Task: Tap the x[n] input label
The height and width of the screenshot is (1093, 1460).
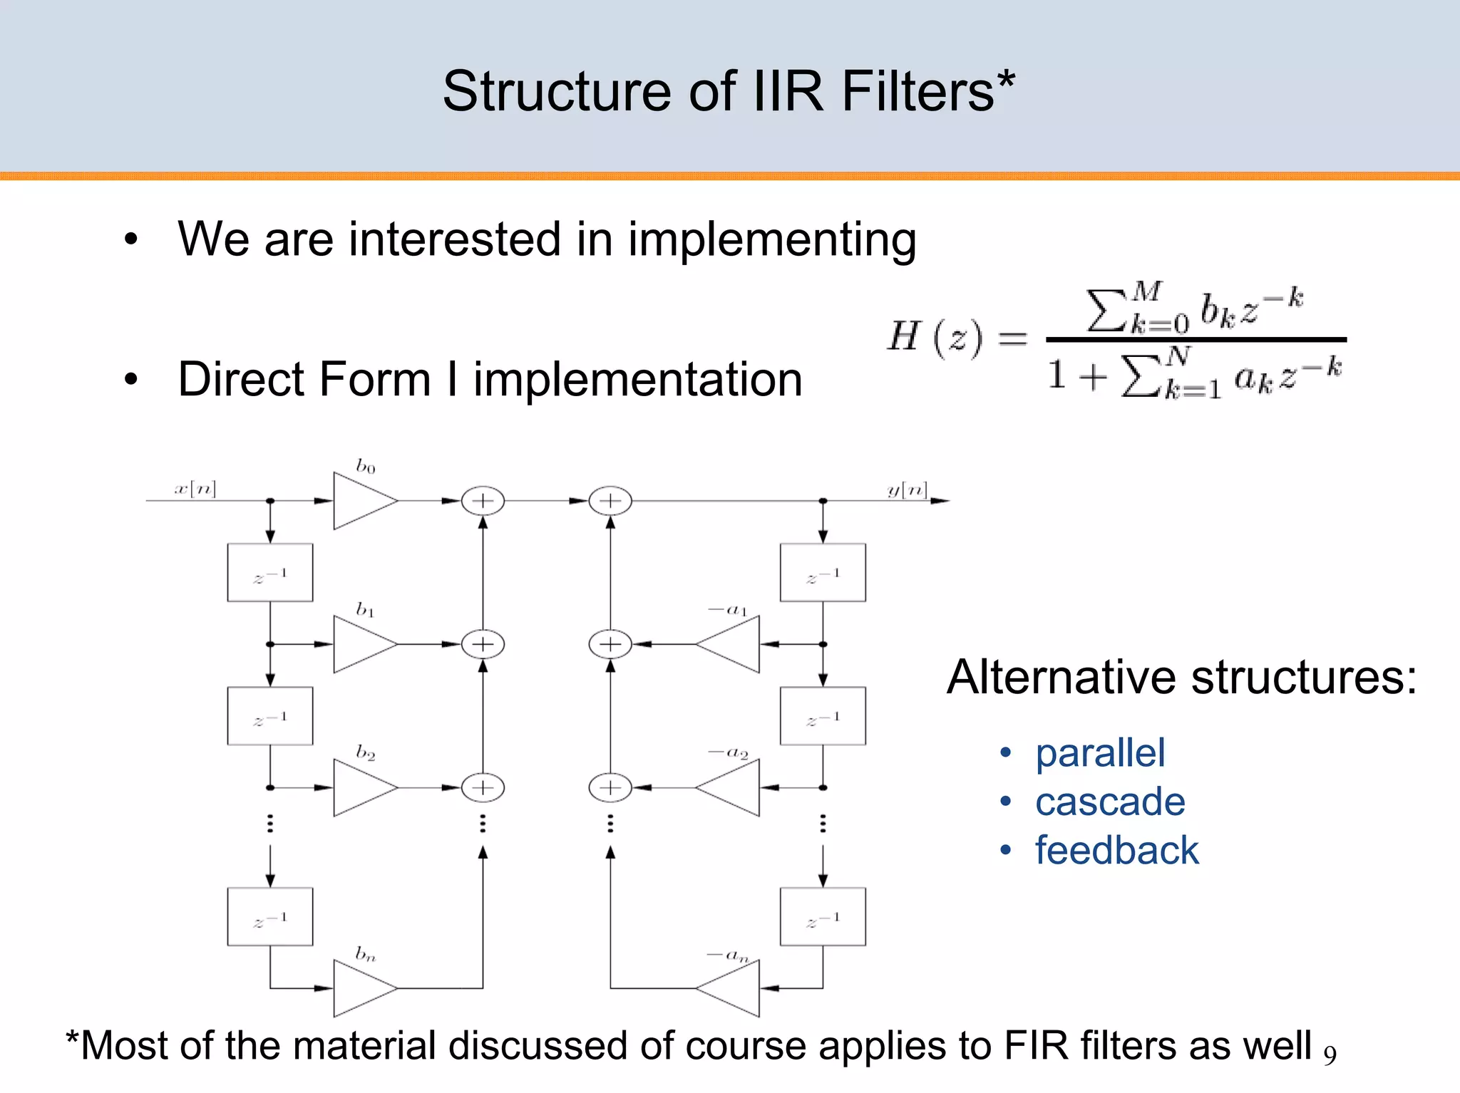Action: tap(195, 488)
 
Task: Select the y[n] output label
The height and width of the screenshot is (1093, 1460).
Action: tap(907, 489)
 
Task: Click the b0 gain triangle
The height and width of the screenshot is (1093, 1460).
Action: tap(362, 501)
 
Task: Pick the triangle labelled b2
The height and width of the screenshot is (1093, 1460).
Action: tap(362, 787)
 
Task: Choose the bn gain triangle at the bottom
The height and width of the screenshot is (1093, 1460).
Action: tap(362, 988)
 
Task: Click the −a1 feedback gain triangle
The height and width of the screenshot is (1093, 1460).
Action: tap(731, 644)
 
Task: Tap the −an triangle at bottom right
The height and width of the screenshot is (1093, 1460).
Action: tap(731, 988)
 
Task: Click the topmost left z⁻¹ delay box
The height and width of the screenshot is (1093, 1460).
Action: tap(270, 573)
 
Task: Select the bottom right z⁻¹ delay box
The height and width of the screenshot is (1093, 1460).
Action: tap(823, 917)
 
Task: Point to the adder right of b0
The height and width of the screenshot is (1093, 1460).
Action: tap(483, 501)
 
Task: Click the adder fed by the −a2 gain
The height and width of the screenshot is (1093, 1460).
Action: tap(610, 787)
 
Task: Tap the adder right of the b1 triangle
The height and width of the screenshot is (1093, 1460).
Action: tap(483, 644)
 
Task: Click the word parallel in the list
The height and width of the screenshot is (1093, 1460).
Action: tap(1100, 753)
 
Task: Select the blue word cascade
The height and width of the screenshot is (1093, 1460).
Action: tap(1110, 802)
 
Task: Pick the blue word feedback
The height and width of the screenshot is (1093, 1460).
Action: tap(1117, 850)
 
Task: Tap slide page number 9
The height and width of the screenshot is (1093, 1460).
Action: tap(1330, 1054)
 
